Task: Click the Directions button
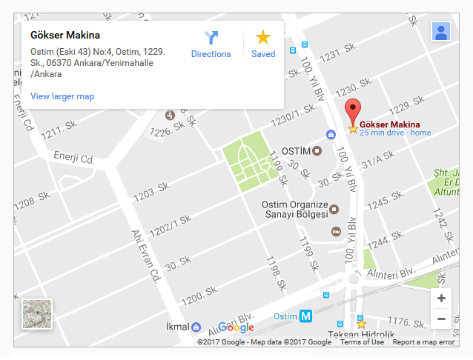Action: tap(211, 44)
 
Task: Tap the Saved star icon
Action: tap(263, 44)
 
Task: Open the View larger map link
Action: tap(62, 96)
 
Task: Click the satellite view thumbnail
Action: tap(36, 314)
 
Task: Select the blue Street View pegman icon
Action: tap(441, 32)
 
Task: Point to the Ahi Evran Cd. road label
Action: tap(147, 256)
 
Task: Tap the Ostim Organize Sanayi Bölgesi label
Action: tap(295, 210)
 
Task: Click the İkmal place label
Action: tap(177, 327)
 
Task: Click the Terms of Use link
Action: tap(362, 342)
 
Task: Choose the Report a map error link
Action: tap(423, 342)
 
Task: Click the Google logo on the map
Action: tap(236, 327)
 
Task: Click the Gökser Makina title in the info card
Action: tap(65, 35)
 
